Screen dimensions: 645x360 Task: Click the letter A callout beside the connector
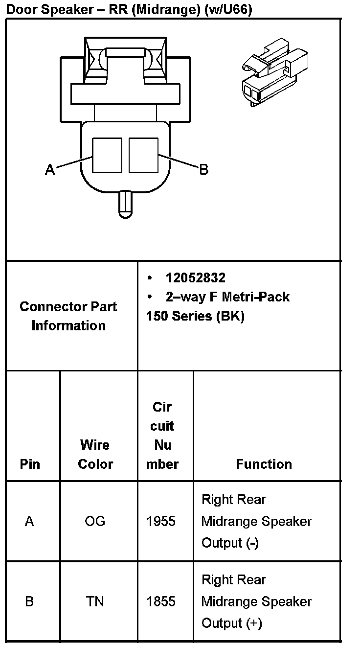(x=49, y=170)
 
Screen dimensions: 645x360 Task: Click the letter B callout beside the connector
(x=203, y=170)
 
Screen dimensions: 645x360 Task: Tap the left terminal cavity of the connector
(x=107, y=155)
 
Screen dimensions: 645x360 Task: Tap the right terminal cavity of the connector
(x=143, y=155)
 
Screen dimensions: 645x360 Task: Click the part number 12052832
(x=195, y=278)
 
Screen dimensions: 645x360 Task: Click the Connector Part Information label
(x=68, y=316)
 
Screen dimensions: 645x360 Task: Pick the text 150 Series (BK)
(x=195, y=316)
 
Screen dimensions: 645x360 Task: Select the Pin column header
(x=30, y=464)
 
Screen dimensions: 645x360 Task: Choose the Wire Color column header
(x=95, y=455)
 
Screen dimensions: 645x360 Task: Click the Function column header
(x=264, y=464)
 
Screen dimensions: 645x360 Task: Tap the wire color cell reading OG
(x=95, y=521)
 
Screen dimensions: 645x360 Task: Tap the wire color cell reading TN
(x=95, y=601)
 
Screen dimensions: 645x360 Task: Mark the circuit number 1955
(x=161, y=521)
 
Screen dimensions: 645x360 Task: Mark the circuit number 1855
(x=161, y=601)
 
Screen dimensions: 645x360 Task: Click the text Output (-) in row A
(x=230, y=543)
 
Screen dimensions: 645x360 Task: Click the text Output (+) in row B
(x=231, y=623)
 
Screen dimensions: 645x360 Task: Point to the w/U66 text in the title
(x=225, y=9)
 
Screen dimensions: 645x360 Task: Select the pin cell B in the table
(x=29, y=601)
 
